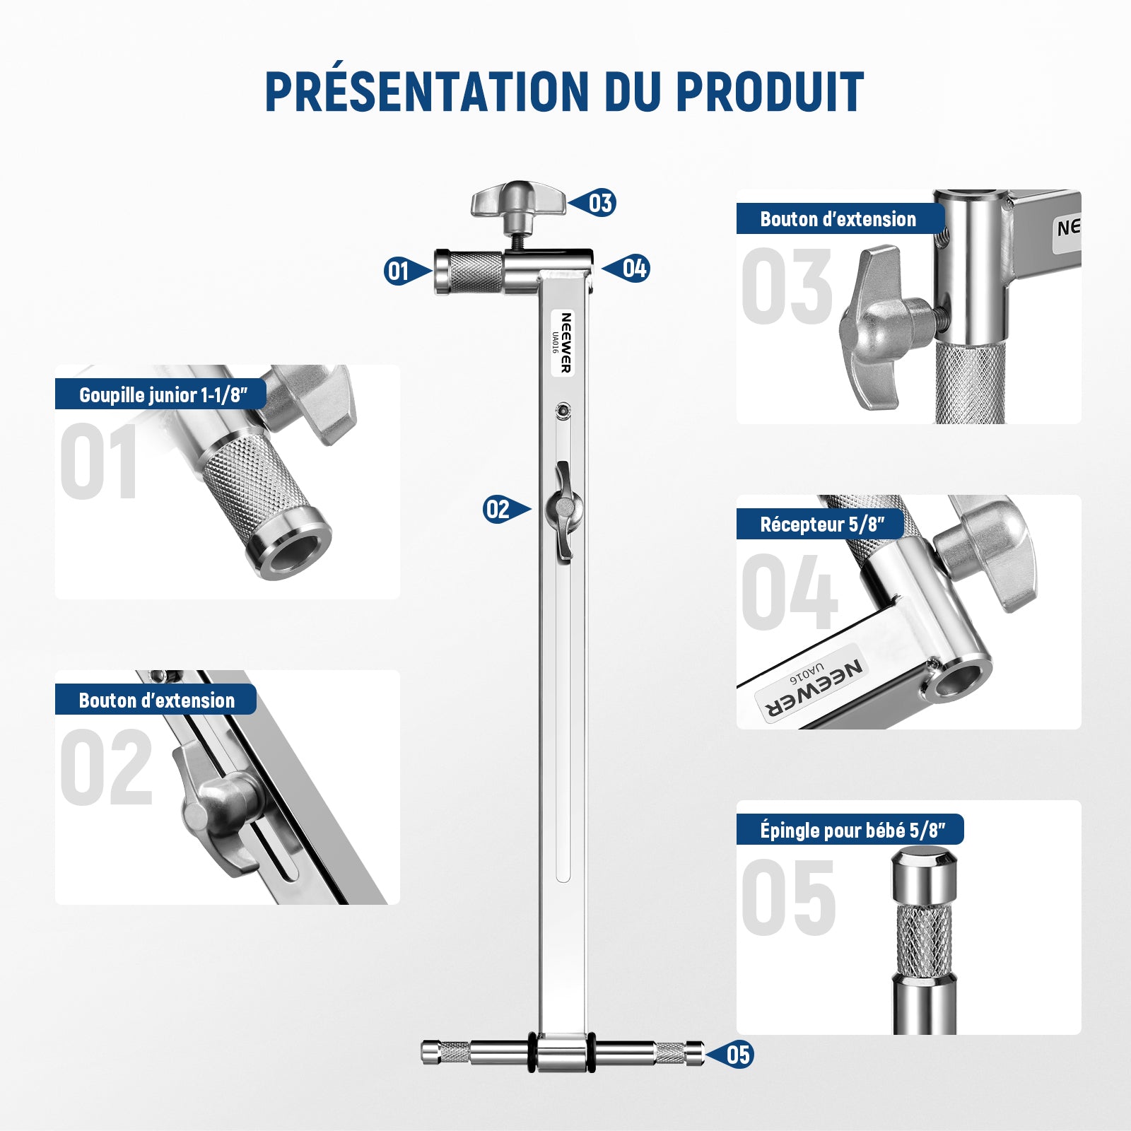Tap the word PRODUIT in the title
[x=770, y=91]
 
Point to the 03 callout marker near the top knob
[x=593, y=204]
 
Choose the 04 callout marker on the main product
[x=626, y=269]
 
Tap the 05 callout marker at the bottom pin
[x=730, y=1055]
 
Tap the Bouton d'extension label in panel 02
[x=156, y=701]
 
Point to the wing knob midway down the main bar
[x=563, y=509]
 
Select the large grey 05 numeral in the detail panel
[x=789, y=898]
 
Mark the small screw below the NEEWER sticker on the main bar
[x=563, y=409]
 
